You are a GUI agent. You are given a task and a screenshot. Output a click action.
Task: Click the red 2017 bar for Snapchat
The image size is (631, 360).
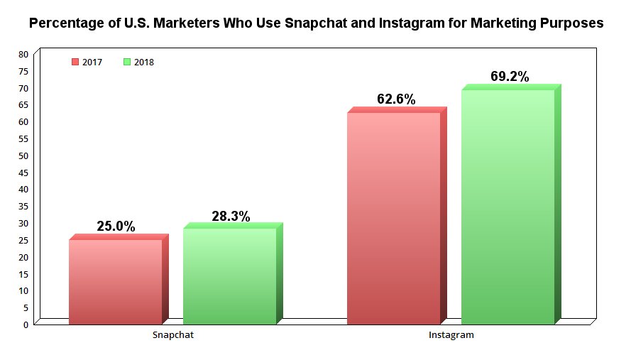coord(115,282)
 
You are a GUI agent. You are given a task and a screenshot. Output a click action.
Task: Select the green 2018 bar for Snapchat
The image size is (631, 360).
coord(229,276)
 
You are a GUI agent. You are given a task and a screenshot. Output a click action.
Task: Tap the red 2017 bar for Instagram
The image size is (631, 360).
coord(393,218)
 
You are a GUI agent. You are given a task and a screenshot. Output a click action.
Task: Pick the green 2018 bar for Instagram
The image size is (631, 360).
coord(507,207)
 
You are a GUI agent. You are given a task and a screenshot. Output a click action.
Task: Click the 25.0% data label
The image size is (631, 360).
coord(116,227)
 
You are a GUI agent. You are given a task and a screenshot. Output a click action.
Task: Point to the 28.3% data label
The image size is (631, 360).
coord(231,217)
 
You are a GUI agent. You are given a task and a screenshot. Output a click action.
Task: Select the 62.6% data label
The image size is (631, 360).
coord(396,99)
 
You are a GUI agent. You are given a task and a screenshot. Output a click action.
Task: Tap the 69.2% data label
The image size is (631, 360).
coord(510,77)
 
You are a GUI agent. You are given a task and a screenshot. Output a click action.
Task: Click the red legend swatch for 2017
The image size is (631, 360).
coord(75,62)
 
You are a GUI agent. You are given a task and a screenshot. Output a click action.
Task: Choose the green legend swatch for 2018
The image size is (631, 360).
coord(127,62)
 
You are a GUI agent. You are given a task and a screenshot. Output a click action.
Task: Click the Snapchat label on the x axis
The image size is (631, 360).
coord(173,334)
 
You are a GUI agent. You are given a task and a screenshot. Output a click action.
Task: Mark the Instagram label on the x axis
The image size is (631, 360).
coord(451,334)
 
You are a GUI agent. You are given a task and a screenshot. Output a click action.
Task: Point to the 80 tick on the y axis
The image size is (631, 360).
coord(24,55)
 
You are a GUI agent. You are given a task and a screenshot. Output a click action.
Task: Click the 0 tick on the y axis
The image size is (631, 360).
coord(26,324)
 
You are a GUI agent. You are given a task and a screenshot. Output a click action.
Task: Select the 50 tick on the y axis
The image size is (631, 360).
coord(24,156)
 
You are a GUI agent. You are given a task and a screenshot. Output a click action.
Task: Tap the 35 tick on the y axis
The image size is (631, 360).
coord(24,207)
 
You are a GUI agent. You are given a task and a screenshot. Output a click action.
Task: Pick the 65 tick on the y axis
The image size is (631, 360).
coord(24,105)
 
